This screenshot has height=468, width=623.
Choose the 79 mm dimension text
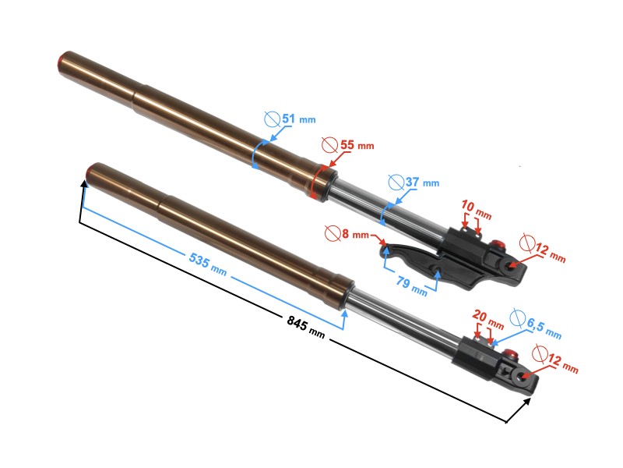click(409, 285)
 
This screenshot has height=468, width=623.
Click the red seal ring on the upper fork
click(319, 182)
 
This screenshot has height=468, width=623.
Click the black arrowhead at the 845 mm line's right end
click(532, 401)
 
